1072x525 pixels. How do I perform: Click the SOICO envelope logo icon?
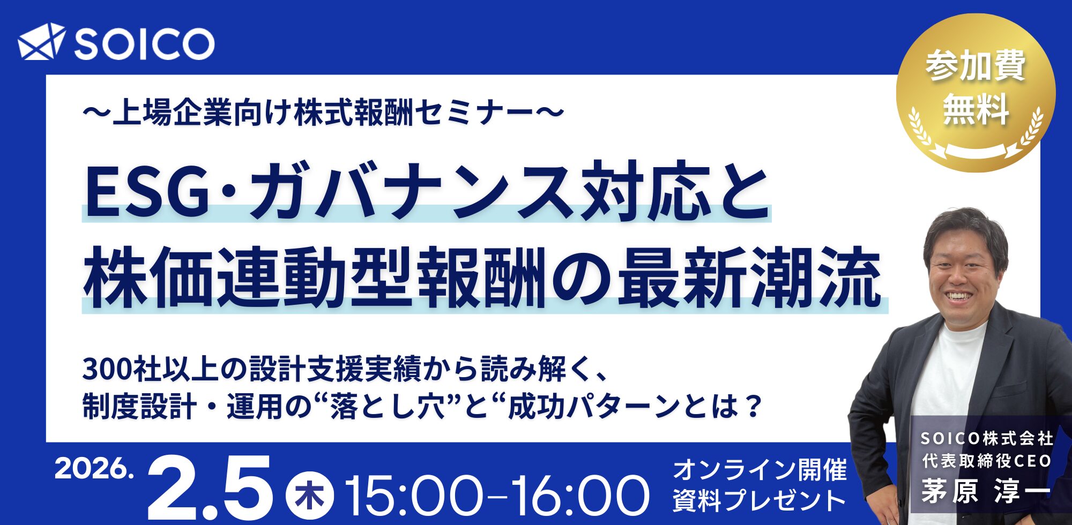pyautogui.click(x=41, y=41)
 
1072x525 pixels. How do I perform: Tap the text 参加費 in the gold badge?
pyautogui.click(x=975, y=66)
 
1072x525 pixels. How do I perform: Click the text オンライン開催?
pyautogui.click(x=760, y=470)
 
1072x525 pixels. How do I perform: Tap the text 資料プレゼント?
pyautogui.click(x=760, y=501)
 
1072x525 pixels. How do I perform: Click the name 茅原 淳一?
pyautogui.click(x=986, y=491)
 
